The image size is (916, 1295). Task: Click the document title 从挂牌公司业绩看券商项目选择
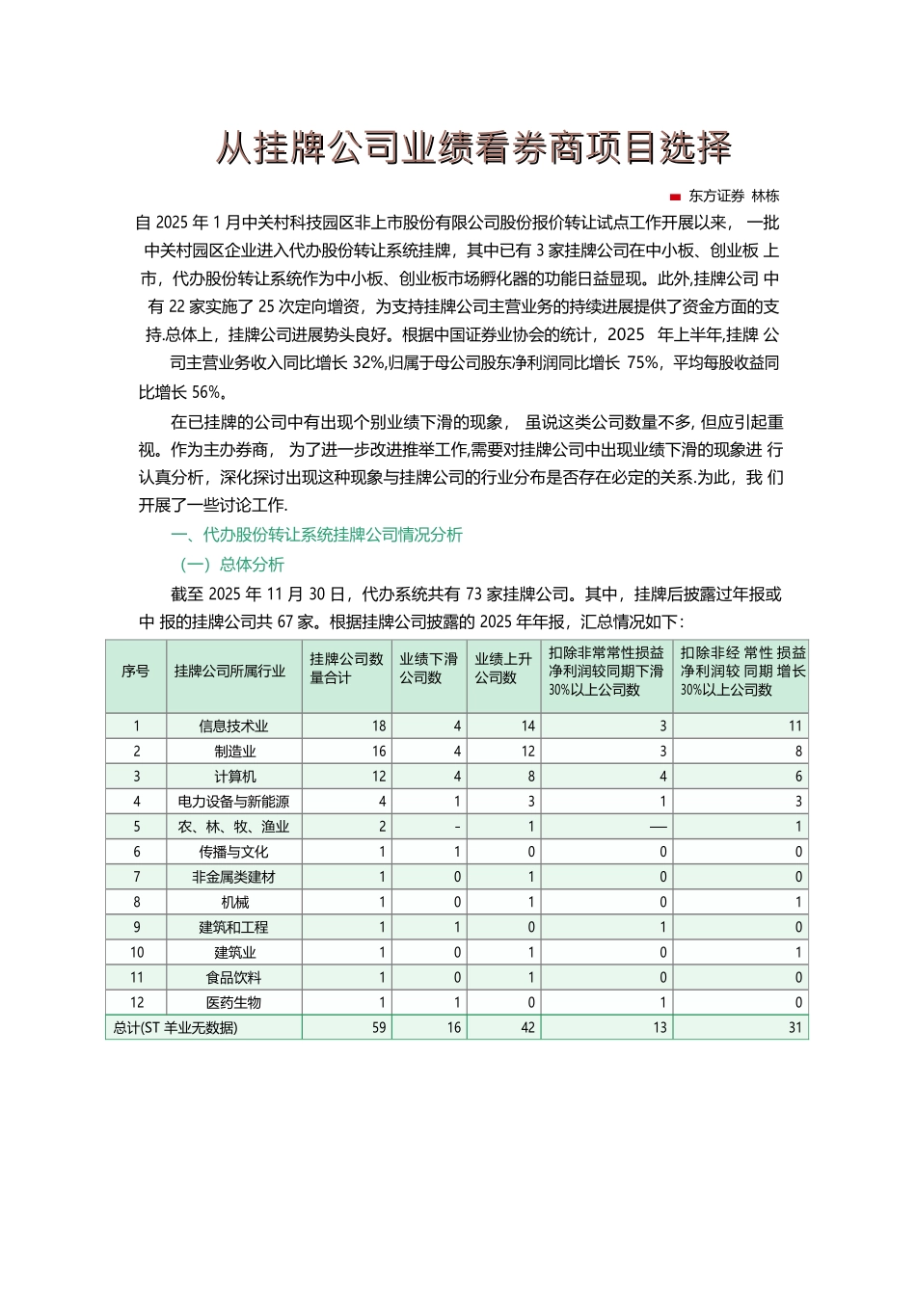(x=473, y=147)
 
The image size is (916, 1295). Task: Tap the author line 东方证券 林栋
(x=734, y=196)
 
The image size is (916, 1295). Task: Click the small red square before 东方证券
(x=675, y=197)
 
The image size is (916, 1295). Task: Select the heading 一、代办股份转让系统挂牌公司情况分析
(x=316, y=535)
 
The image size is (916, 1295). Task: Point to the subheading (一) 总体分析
(x=232, y=565)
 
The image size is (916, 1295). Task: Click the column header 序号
(x=136, y=671)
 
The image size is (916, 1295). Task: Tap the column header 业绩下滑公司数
(x=429, y=668)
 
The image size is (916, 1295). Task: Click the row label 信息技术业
(x=233, y=727)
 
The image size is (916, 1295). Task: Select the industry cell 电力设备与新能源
(x=233, y=802)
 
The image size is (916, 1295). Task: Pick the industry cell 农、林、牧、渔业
(x=233, y=827)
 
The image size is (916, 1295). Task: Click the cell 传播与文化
(x=233, y=852)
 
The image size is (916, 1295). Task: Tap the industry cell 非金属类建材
(x=233, y=877)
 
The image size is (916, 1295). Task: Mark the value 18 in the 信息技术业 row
(x=379, y=727)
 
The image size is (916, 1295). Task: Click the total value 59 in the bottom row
(x=379, y=1028)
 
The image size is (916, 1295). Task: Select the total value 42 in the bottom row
(x=527, y=1028)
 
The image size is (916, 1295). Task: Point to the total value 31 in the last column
(x=795, y=1028)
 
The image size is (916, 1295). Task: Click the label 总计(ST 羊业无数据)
(x=175, y=1028)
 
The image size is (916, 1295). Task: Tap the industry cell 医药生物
(x=233, y=1003)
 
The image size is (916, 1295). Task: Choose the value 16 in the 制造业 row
(x=379, y=752)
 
